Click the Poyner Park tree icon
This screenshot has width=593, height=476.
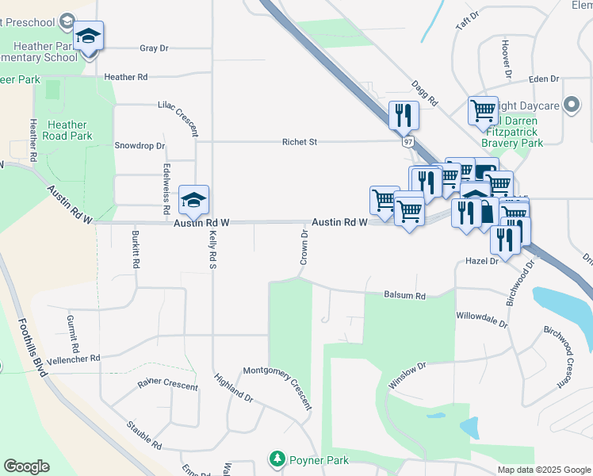(x=277, y=459)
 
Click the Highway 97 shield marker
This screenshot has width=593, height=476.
(x=407, y=141)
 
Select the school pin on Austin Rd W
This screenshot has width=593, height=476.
(x=193, y=200)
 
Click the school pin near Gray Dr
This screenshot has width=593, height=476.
(x=89, y=36)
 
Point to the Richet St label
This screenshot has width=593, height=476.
(x=300, y=142)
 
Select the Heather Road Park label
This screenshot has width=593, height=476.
(x=68, y=130)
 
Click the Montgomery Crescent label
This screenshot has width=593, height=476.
(x=277, y=388)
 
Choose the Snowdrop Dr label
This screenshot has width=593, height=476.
(x=140, y=146)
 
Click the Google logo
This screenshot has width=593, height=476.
(x=26, y=466)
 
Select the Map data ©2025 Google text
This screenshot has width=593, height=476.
(x=543, y=470)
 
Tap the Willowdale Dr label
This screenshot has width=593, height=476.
(x=481, y=315)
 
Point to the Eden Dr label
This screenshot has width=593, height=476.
(x=544, y=79)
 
